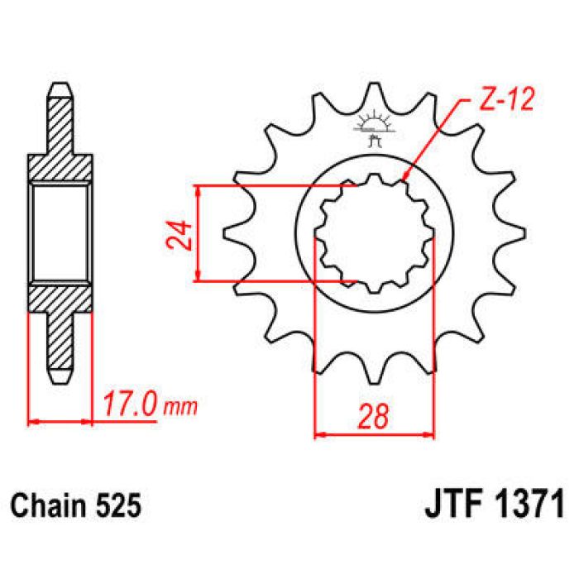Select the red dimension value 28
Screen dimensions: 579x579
tap(375, 416)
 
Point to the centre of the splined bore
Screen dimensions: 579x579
tap(375, 234)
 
